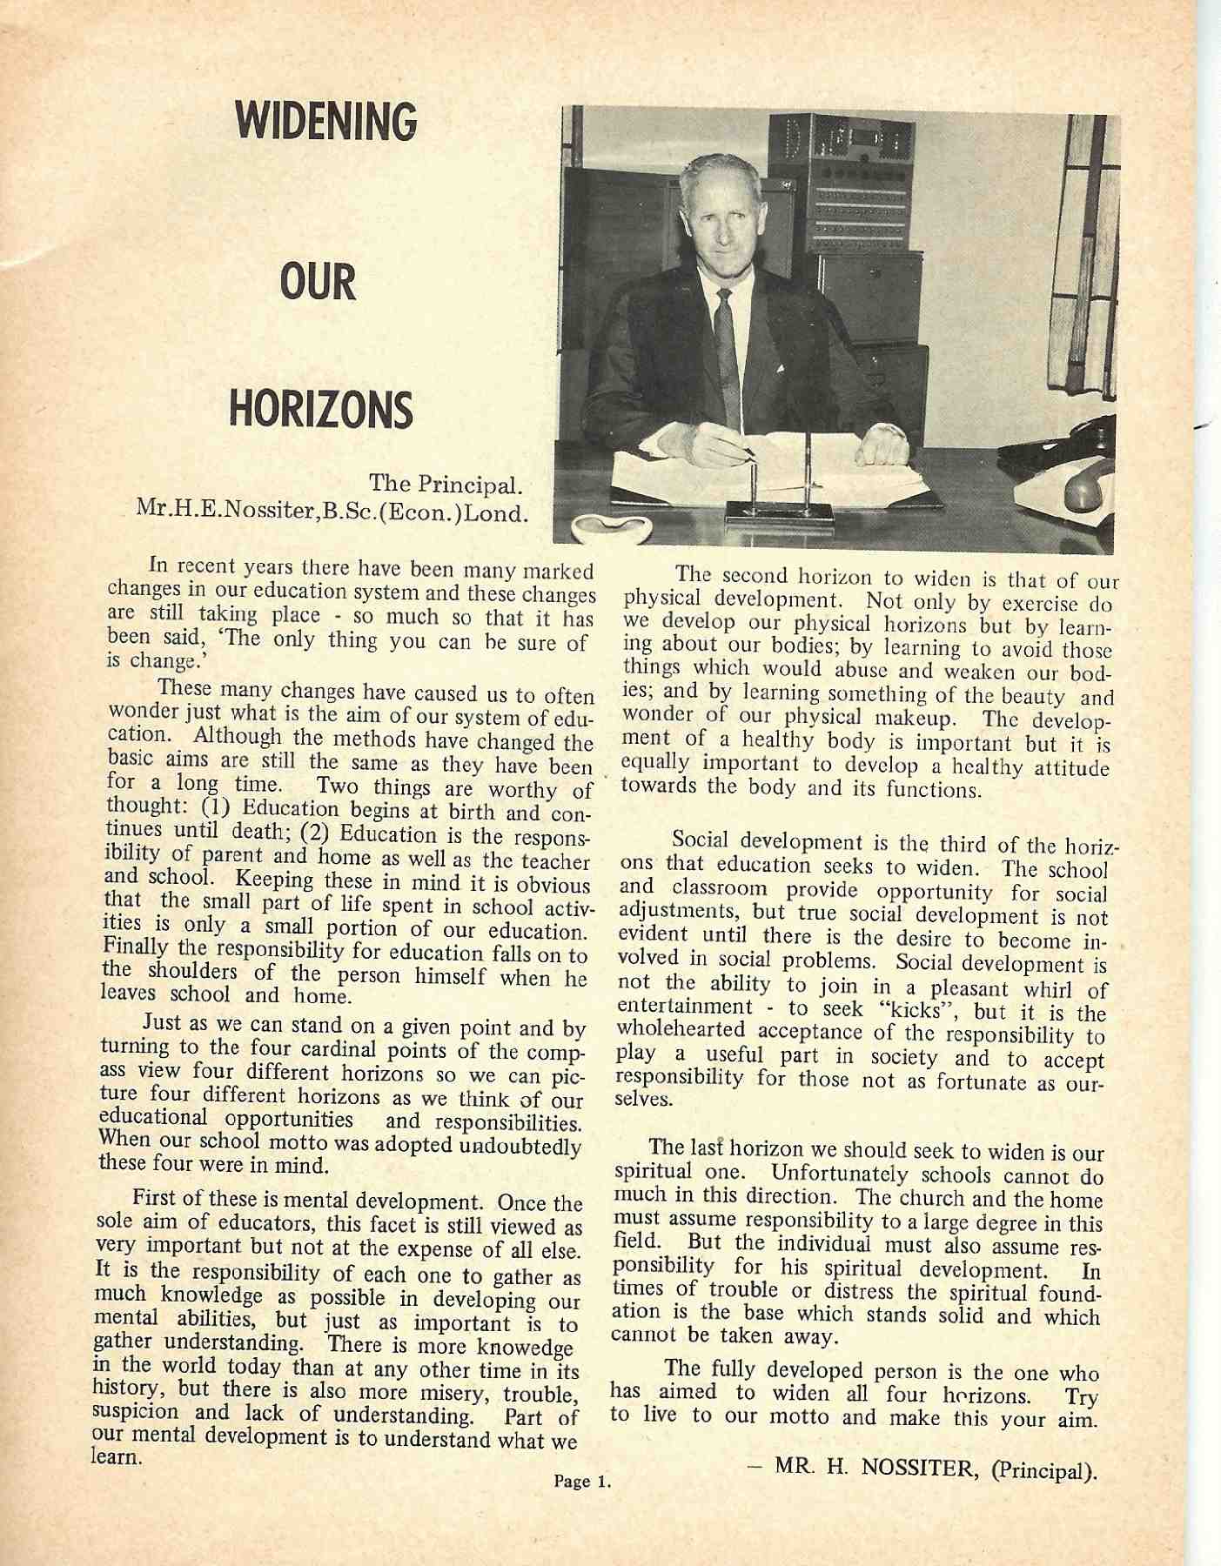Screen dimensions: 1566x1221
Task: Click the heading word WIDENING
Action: pyautogui.click(x=325, y=122)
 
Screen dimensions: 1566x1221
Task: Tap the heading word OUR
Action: pyautogui.click(x=318, y=284)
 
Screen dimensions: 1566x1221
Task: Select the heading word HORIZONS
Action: pyautogui.click(x=320, y=410)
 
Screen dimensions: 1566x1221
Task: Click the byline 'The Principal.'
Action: pyautogui.click(x=446, y=483)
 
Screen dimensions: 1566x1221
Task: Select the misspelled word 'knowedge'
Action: pyautogui.click(x=526, y=1349)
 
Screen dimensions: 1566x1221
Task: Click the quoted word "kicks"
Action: pyautogui.click(x=925, y=1012)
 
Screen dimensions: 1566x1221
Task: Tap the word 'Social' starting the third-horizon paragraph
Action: pyautogui.click(x=701, y=841)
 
